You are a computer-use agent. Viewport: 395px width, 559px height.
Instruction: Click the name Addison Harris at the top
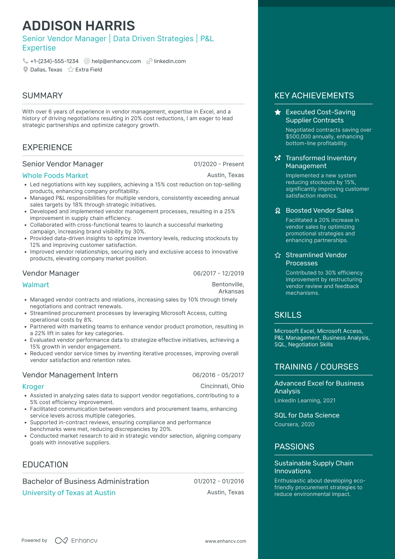[x=78, y=26]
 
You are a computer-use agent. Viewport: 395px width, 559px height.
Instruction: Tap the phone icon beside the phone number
[x=25, y=61]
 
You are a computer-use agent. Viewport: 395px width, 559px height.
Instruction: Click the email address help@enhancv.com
[x=116, y=61]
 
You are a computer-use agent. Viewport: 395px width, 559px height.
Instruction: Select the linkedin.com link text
[x=170, y=61]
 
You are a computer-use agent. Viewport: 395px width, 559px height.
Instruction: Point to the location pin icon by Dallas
[x=25, y=69]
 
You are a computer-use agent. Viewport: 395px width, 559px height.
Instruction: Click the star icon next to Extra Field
[x=71, y=69]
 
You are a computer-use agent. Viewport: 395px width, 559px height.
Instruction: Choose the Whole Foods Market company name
[x=55, y=176]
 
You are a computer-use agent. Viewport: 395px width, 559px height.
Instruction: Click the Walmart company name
[x=36, y=285]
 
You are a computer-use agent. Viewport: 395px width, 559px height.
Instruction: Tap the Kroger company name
[x=33, y=387]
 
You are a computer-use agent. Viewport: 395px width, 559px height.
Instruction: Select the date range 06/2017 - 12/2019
[x=219, y=273]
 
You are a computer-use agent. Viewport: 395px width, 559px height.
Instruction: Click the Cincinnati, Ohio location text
[x=222, y=386]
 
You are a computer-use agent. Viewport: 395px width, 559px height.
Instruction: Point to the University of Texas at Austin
[x=69, y=493]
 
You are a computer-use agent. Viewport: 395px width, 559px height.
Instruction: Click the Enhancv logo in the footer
[x=76, y=541]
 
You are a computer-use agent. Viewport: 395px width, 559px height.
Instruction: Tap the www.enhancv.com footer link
[x=226, y=541]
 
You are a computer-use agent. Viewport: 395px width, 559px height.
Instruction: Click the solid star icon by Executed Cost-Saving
[x=278, y=112]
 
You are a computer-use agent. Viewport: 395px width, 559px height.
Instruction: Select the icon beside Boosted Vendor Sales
[x=278, y=211]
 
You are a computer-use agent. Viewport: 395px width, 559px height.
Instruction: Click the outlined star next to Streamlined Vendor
[x=278, y=255]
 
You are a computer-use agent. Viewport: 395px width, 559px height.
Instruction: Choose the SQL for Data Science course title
[x=307, y=415]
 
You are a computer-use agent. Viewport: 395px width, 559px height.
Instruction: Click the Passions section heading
[x=294, y=447]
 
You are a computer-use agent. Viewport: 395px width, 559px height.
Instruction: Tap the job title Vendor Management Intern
[x=70, y=375]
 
